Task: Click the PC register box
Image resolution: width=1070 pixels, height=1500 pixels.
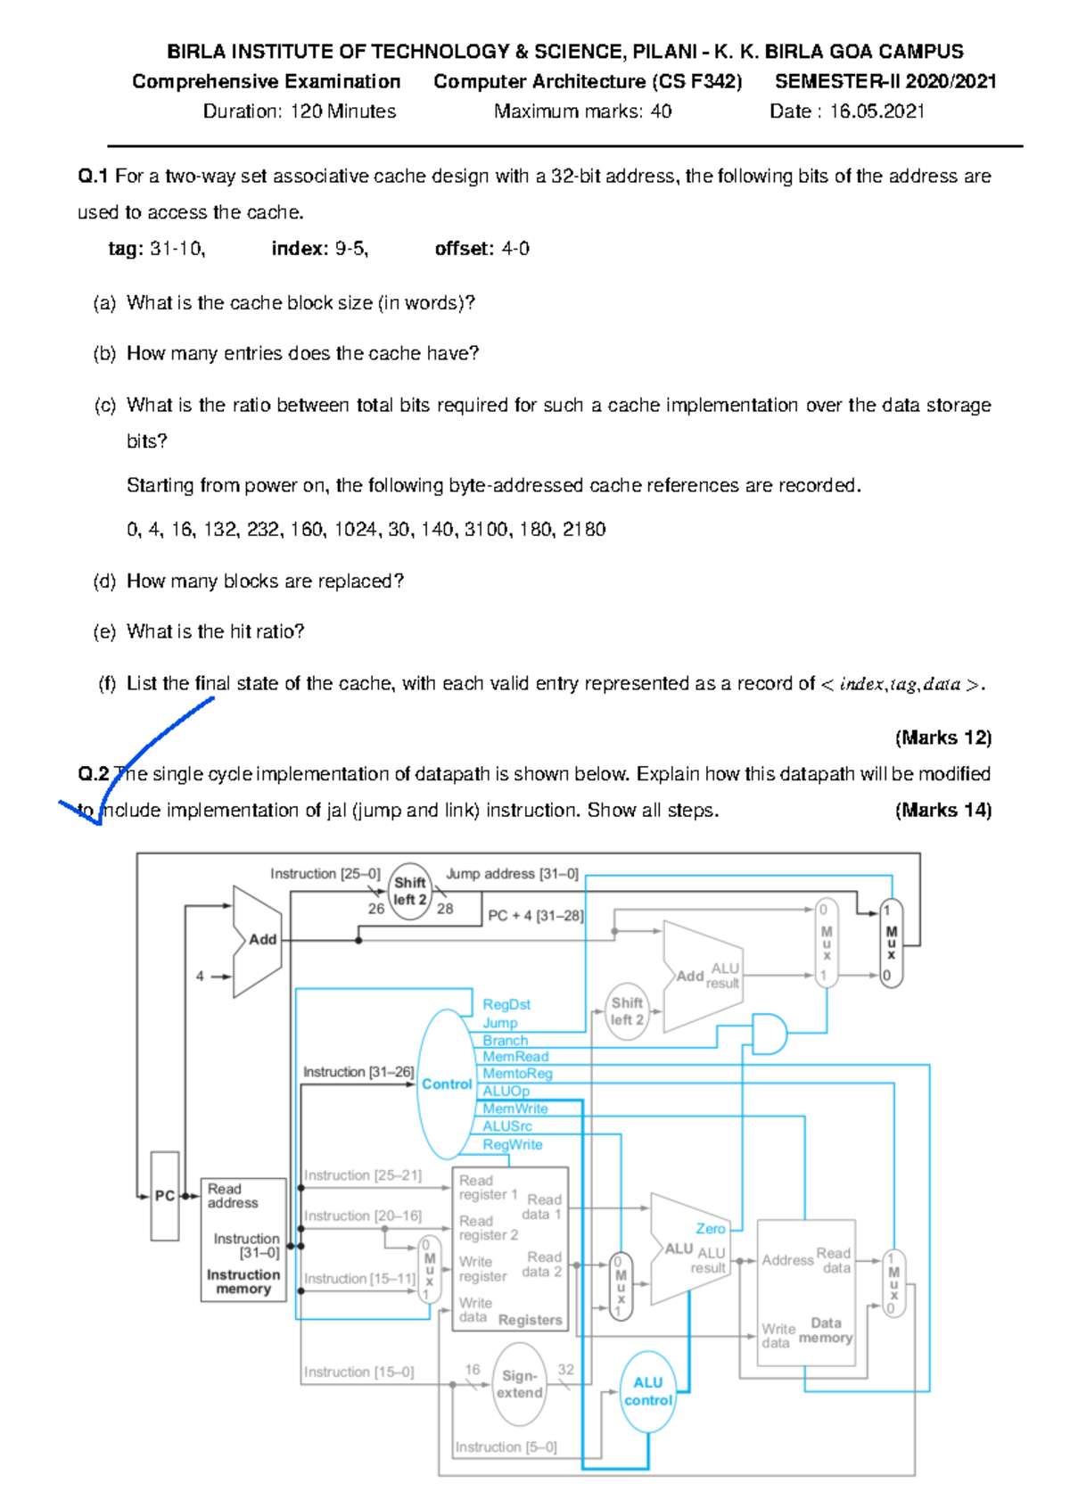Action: click(x=165, y=1196)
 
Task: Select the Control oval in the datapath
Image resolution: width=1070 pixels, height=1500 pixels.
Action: click(x=446, y=1084)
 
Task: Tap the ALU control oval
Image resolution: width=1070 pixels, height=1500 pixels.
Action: click(x=647, y=1391)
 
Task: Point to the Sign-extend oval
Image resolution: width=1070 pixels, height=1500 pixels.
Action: click(x=520, y=1384)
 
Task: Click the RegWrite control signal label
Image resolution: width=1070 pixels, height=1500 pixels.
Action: click(x=512, y=1144)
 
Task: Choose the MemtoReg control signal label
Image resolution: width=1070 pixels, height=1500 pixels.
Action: click(x=517, y=1074)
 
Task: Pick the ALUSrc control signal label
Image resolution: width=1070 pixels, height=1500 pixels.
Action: click(x=507, y=1126)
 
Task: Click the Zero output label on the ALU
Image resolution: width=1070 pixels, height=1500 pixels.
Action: click(x=711, y=1229)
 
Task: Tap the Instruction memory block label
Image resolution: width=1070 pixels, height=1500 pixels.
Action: click(x=243, y=1282)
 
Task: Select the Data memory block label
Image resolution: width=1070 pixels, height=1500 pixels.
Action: click(x=826, y=1331)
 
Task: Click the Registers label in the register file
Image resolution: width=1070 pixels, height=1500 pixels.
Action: click(x=530, y=1320)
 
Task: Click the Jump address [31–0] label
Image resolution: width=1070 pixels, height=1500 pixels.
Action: click(x=512, y=874)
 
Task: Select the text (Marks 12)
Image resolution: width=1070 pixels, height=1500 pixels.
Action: click(x=942, y=738)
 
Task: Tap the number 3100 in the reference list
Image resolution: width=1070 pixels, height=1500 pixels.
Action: click(x=486, y=530)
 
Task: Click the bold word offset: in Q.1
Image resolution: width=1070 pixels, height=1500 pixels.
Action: click(x=464, y=249)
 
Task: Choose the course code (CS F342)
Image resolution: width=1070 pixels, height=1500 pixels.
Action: click(x=696, y=82)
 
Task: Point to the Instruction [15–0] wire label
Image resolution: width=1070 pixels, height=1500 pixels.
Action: click(x=358, y=1372)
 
